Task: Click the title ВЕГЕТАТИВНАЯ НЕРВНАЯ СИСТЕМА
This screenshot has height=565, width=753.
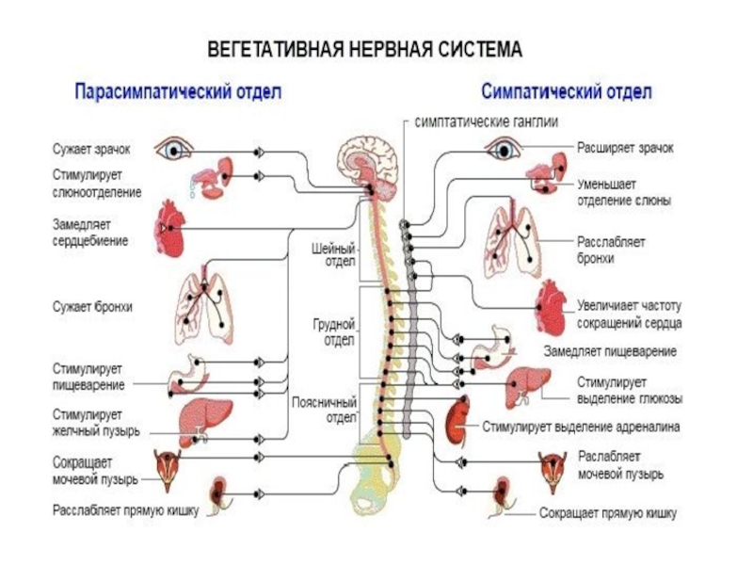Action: coord(365,50)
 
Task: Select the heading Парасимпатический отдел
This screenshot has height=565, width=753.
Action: coord(178,91)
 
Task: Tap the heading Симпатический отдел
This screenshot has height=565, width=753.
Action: coord(567,90)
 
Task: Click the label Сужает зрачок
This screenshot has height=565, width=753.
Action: coord(91,149)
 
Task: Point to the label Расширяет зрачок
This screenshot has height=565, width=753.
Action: coord(625,148)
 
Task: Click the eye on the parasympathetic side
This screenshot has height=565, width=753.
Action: coord(173,150)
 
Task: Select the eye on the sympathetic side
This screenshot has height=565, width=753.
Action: coord(503,149)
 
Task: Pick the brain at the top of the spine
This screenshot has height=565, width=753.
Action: coord(368,162)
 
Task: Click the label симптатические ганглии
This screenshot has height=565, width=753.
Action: coord(486,121)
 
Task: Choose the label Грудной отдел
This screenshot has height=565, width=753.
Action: coord(334,332)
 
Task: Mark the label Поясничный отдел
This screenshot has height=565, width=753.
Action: coord(324,410)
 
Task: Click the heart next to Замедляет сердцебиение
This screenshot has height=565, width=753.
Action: coord(169,229)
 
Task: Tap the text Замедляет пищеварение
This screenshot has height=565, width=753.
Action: coord(610,351)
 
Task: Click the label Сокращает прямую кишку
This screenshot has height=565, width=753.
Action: coord(608,513)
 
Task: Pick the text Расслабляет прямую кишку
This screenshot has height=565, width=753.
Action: coord(125,510)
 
